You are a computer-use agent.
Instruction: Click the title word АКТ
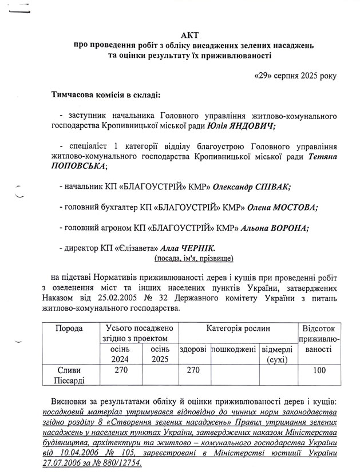coord(189,34)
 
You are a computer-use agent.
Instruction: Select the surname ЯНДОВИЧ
coord(250,126)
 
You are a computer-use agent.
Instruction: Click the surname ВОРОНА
coord(286,228)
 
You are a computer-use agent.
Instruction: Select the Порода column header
coord(69,328)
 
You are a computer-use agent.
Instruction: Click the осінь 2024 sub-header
coord(120,354)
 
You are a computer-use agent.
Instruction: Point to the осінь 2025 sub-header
coord(160,354)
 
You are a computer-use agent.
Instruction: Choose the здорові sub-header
coord(193,349)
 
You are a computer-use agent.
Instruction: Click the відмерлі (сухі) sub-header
coord(277,354)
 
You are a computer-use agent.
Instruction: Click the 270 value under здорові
coord(193,370)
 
